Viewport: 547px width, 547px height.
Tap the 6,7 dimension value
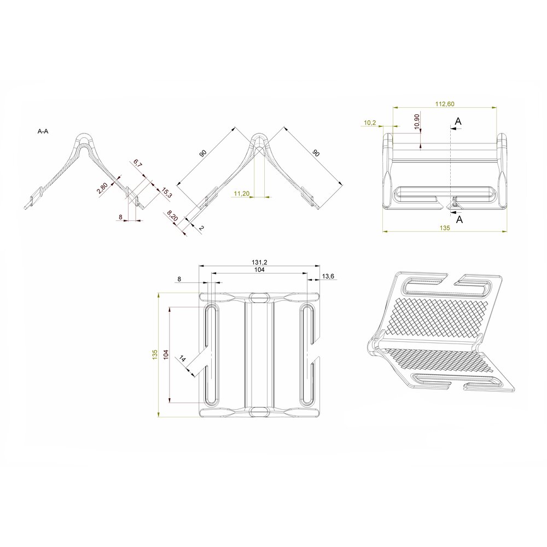coord(137,164)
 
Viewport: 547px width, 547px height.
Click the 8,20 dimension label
coord(172,216)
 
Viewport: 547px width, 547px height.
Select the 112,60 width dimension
coord(444,104)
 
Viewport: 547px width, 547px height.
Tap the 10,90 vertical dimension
coord(417,121)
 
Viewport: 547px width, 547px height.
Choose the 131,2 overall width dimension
coord(259,263)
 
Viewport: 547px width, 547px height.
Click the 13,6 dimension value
coord(328,277)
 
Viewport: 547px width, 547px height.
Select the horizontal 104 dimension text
coord(259,270)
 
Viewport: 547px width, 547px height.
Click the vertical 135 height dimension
coord(155,354)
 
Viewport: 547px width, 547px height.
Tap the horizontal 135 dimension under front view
coord(444,229)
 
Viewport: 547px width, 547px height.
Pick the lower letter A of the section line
coord(459,219)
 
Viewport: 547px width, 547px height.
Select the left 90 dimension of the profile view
coord(203,154)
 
